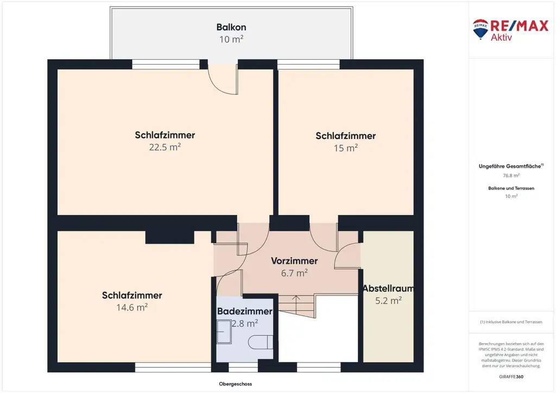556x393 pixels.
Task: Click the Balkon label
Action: tap(231, 27)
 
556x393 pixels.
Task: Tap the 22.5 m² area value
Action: tap(165, 147)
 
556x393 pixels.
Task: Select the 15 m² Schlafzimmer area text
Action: tap(346, 148)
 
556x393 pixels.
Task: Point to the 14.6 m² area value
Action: tap(132, 307)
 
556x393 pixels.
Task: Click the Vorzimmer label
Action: tap(294, 261)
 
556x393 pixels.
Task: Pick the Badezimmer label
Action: tap(245, 312)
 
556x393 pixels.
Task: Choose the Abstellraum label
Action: tap(388, 289)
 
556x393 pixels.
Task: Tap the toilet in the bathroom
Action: tap(261, 343)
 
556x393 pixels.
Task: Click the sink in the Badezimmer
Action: tap(224, 332)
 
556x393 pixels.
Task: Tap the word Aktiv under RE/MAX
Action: tap(501, 37)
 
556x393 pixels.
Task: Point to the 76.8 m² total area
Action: tap(511, 175)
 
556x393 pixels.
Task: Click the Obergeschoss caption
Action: tap(236, 384)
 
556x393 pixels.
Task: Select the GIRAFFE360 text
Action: tap(511, 377)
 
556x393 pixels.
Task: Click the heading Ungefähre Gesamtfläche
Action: tap(510, 166)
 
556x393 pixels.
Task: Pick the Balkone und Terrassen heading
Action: tap(511, 188)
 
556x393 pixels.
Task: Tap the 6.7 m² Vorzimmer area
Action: tap(294, 273)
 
